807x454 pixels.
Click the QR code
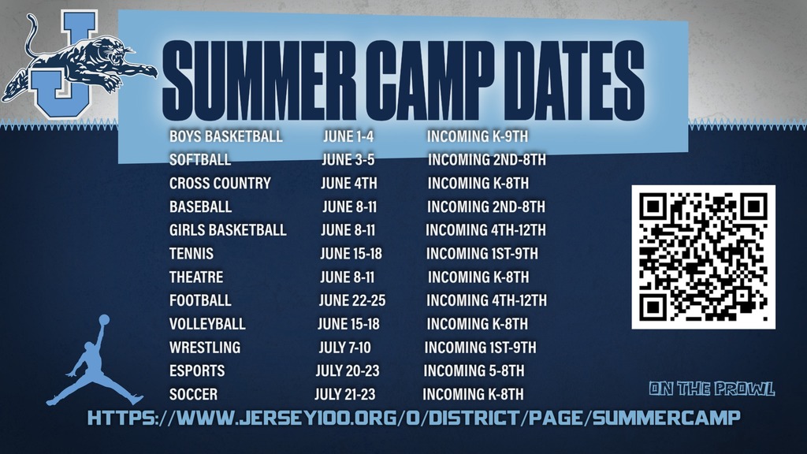(x=703, y=257)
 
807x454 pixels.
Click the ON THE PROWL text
(x=712, y=389)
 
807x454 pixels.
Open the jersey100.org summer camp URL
(x=414, y=418)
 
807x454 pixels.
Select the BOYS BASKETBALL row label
(x=225, y=136)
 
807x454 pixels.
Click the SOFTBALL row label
(x=200, y=160)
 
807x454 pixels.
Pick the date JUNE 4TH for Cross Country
(x=349, y=184)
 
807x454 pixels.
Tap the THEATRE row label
(x=196, y=277)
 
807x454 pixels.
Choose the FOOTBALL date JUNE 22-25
(x=352, y=300)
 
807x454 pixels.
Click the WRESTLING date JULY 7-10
(x=344, y=348)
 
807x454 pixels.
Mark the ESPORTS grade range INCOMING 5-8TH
(x=474, y=370)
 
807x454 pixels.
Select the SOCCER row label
(x=193, y=394)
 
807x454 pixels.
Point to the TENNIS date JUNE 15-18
(x=351, y=254)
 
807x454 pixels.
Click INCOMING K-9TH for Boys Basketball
(x=478, y=136)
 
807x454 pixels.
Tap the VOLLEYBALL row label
(x=207, y=324)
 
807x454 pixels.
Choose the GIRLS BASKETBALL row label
(x=228, y=230)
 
